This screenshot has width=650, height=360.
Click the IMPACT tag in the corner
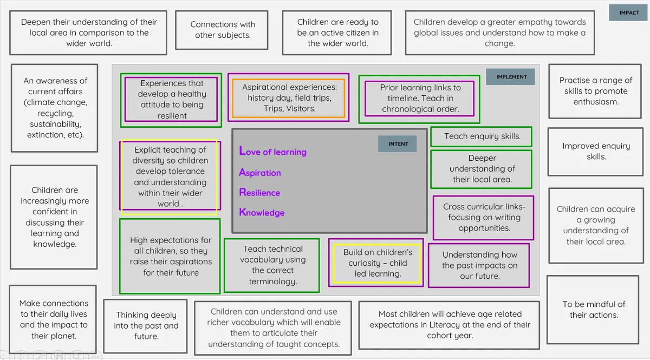pyautogui.click(x=629, y=13)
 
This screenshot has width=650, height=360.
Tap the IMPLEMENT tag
pyautogui.click(x=510, y=77)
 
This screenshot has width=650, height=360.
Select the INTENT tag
pyautogui.click(x=398, y=144)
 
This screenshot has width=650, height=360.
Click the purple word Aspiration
pyautogui.click(x=260, y=173)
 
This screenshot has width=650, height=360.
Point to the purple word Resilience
pyautogui.click(x=259, y=192)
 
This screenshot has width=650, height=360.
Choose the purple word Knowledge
pyautogui.click(x=262, y=212)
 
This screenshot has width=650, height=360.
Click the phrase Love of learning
pyautogui.click(x=273, y=152)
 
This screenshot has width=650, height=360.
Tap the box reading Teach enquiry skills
pyautogui.click(x=482, y=136)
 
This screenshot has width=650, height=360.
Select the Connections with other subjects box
pyautogui.click(x=222, y=30)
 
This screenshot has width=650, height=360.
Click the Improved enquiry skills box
pyautogui.click(x=596, y=152)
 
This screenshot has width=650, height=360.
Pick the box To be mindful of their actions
pyautogui.click(x=593, y=310)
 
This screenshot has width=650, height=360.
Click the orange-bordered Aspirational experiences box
pyautogui.click(x=289, y=98)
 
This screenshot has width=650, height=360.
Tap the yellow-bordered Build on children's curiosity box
pyautogui.click(x=376, y=263)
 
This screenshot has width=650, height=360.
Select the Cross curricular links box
pyautogui.click(x=483, y=218)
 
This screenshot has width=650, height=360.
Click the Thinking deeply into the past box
pyautogui.click(x=146, y=326)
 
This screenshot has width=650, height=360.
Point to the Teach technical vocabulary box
pyautogui.click(x=272, y=265)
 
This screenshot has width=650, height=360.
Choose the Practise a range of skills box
pyautogui.click(x=595, y=91)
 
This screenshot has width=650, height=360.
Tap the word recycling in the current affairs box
pyautogui.click(x=55, y=114)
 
